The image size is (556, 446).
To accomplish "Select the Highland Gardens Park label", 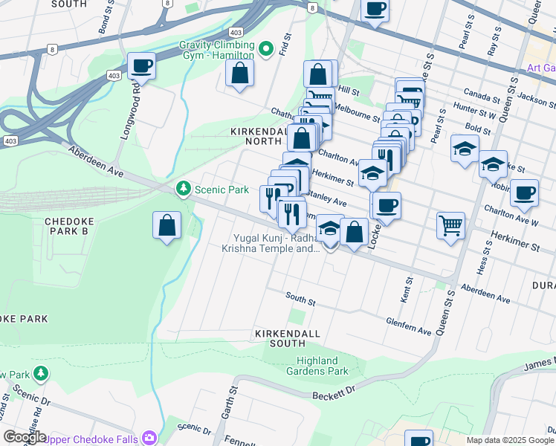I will (317, 366).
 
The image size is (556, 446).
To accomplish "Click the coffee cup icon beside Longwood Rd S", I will (141, 65).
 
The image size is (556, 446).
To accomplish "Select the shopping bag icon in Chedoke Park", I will (167, 225).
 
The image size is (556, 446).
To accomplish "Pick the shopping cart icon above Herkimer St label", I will (450, 224).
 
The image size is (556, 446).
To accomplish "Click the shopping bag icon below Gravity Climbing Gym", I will (239, 73).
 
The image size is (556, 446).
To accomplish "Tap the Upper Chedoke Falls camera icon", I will (150, 439).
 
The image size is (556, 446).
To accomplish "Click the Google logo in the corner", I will (25, 437).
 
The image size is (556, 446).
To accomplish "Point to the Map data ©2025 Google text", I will (509, 440).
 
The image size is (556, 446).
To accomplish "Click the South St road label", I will (301, 299).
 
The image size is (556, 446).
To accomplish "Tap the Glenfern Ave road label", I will (408, 325).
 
